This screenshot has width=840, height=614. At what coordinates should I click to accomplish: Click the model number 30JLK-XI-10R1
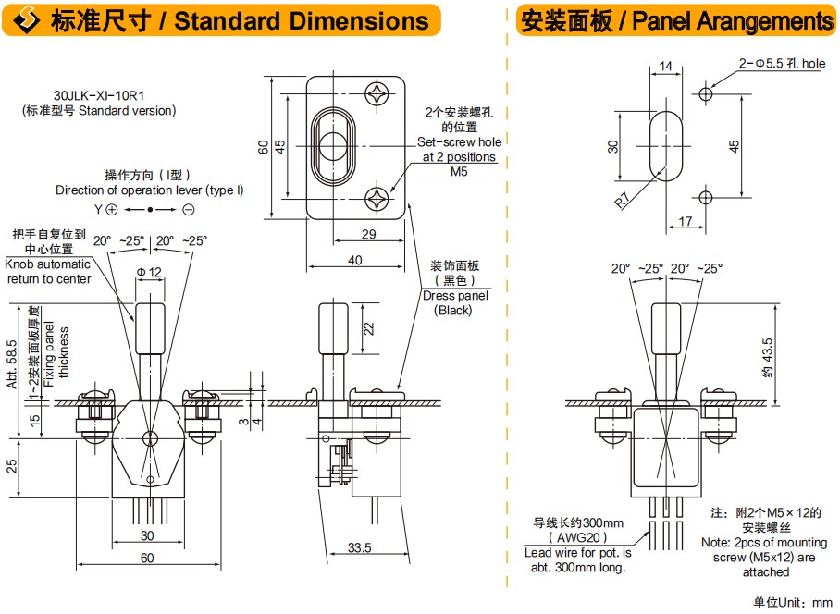click(x=99, y=95)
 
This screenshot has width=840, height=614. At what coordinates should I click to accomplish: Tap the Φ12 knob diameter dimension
click(x=149, y=272)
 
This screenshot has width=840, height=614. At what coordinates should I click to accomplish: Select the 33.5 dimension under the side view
click(x=360, y=547)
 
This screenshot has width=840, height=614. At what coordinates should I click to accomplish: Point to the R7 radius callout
click(x=622, y=200)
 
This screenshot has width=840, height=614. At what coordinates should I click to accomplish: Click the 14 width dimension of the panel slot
click(x=665, y=66)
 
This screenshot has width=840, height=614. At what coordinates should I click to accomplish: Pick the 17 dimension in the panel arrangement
click(x=686, y=221)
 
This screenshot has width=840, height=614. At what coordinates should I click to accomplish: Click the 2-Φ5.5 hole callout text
click(x=782, y=63)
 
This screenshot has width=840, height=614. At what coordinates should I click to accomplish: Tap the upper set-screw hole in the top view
click(x=377, y=93)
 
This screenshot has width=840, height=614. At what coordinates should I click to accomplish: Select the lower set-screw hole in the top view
click(x=377, y=199)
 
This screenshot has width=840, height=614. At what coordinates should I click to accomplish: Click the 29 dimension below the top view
click(x=368, y=234)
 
